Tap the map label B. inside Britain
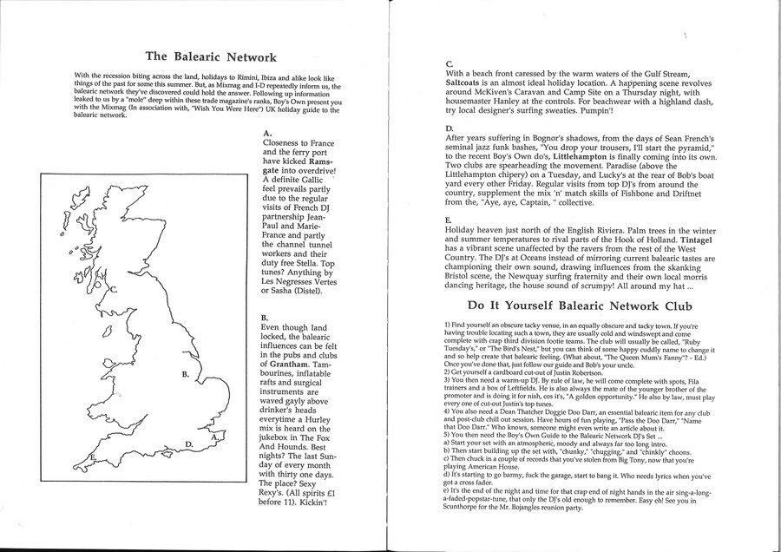[185, 374]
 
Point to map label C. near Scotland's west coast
[114, 291]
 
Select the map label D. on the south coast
[189, 444]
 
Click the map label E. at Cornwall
[93, 456]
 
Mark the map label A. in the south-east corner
[214, 439]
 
